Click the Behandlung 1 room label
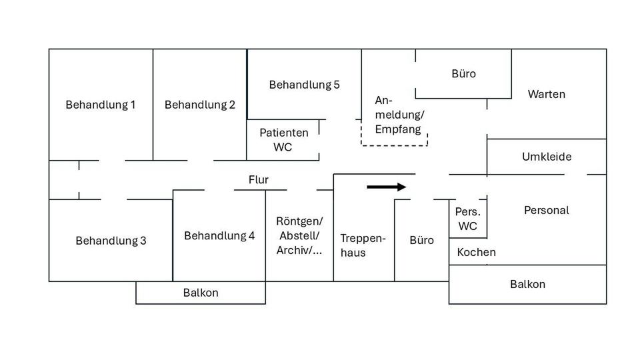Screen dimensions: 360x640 pyautogui.click(x=101, y=105)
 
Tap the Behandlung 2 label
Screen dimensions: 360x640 pyautogui.click(x=200, y=105)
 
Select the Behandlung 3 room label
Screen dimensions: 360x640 pyautogui.click(x=111, y=241)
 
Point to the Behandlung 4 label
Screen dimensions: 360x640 pyautogui.click(x=219, y=235)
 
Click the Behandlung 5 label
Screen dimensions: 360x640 pyautogui.click(x=304, y=85)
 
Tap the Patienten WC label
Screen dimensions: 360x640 pyautogui.click(x=283, y=139)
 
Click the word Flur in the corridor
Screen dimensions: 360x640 pyautogui.click(x=259, y=179)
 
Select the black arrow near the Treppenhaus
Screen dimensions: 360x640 pyautogui.click(x=387, y=187)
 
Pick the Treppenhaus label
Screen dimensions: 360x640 pyautogui.click(x=363, y=245)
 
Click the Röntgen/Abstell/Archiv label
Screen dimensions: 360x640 pyautogui.click(x=299, y=236)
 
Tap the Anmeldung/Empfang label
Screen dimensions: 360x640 pyautogui.click(x=399, y=115)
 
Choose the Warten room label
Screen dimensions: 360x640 pyautogui.click(x=546, y=94)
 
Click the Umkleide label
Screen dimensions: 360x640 pyautogui.click(x=547, y=157)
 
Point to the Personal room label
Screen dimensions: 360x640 pyautogui.click(x=546, y=210)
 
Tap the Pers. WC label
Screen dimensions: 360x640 pyautogui.click(x=468, y=219)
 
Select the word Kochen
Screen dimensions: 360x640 pyautogui.click(x=477, y=252)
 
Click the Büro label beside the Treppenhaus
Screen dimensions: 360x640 pyautogui.click(x=421, y=240)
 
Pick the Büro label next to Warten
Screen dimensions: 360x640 pyautogui.click(x=463, y=73)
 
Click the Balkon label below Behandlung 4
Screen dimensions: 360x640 pyautogui.click(x=201, y=293)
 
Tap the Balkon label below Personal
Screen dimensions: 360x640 pyautogui.click(x=527, y=284)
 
